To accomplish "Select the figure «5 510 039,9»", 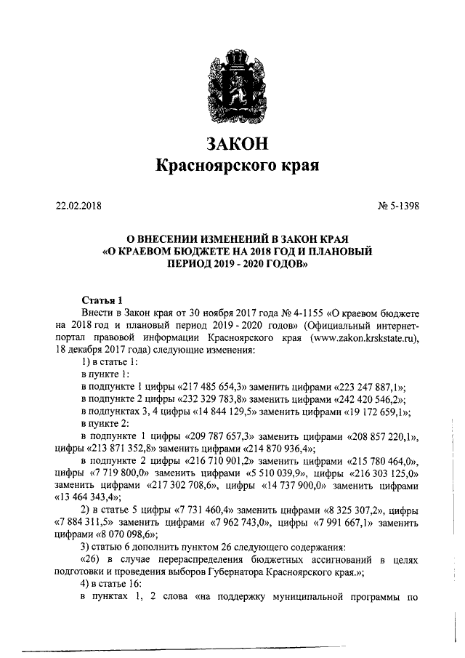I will coord(268,473).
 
